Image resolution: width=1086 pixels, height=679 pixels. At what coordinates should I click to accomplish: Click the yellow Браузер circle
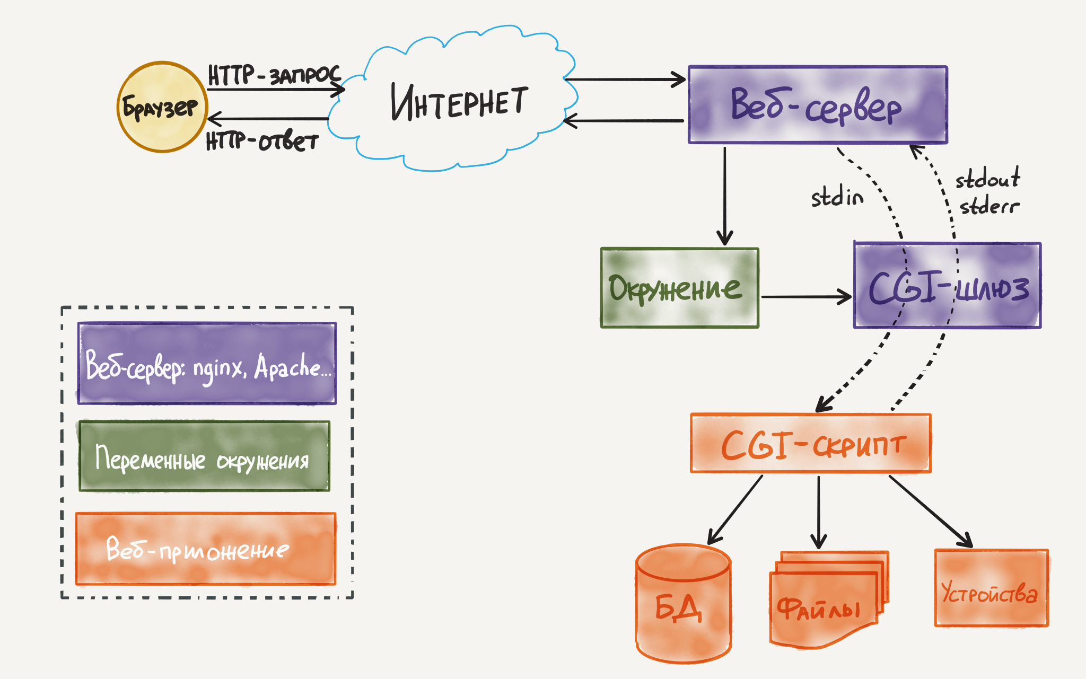(x=162, y=107)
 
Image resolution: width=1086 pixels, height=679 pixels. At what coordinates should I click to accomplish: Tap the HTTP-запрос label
(x=274, y=75)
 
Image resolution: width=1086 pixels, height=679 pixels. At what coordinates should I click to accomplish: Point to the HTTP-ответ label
(x=262, y=142)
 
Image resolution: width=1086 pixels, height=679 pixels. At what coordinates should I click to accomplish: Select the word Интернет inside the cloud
(x=459, y=102)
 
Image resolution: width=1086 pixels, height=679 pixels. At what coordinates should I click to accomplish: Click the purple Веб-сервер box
(x=817, y=105)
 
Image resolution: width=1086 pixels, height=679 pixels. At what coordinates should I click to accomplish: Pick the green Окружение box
(x=679, y=288)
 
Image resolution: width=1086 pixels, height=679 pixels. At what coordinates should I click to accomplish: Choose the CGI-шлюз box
(x=947, y=286)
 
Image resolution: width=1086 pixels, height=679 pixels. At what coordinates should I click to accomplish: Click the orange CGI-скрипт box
(x=810, y=444)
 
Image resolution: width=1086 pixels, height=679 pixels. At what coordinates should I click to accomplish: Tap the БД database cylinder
(x=683, y=604)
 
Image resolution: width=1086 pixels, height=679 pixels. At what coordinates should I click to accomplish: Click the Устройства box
(x=991, y=588)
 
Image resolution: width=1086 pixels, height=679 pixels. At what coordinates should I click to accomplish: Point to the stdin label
(x=837, y=197)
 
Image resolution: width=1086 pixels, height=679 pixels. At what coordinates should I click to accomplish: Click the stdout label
(x=987, y=179)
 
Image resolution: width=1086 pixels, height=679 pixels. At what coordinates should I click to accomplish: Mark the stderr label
(x=989, y=206)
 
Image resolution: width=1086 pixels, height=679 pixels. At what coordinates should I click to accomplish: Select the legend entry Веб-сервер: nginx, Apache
(x=207, y=364)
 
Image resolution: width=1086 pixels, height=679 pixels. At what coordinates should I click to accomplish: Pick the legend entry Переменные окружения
(x=204, y=457)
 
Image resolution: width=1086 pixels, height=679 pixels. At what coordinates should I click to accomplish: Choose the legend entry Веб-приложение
(x=206, y=549)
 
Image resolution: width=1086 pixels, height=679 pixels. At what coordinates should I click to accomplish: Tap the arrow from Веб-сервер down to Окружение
(x=725, y=196)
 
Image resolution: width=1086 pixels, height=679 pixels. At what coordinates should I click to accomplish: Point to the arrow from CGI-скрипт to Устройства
(x=931, y=511)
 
